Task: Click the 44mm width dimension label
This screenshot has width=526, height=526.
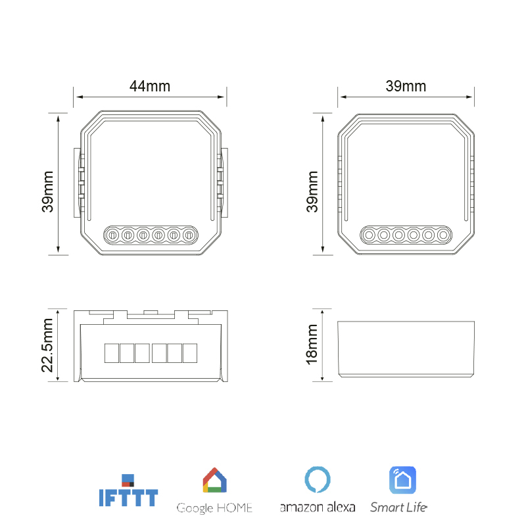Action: click(150, 86)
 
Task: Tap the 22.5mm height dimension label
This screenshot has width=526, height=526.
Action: click(47, 345)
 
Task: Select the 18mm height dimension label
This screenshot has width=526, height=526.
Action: click(312, 345)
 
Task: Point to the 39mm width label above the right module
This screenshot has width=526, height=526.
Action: click(406, 86)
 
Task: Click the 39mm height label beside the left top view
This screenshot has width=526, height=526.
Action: click(47, 191)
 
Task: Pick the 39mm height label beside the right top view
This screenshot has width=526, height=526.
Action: click(312, 191)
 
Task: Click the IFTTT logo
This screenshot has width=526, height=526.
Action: click(128, 490)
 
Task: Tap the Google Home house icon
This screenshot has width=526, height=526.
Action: click(215, 480)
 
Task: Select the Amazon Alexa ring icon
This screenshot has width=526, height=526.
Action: click(318, 479)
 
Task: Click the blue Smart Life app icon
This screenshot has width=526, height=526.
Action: click(402, 480)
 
